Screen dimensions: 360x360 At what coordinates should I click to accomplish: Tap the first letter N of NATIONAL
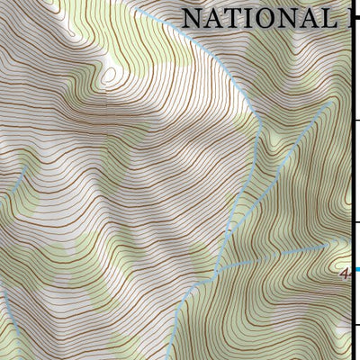point(192,18)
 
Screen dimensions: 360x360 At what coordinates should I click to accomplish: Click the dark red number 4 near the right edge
point(346,275)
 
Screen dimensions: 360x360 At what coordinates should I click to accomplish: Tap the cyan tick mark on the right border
point(357,268)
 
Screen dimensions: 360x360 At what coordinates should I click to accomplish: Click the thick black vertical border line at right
point(353,180)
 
